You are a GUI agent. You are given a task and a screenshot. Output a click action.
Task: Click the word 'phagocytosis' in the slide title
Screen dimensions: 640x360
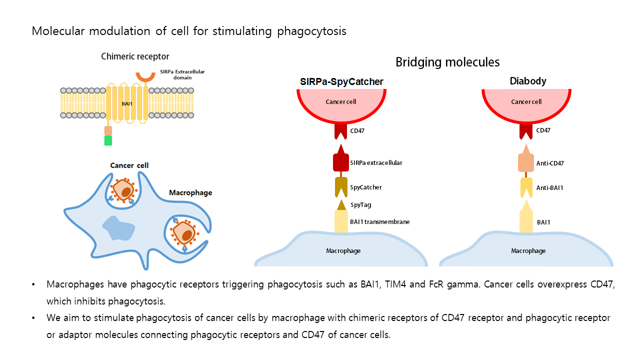point(311,31)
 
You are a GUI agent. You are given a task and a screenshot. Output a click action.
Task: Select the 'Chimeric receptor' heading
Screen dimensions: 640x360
point(135,56)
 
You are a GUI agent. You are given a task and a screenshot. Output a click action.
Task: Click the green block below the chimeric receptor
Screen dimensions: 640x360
point(108,140)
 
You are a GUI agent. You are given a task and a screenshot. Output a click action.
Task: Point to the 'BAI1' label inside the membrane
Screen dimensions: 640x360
point(127,103)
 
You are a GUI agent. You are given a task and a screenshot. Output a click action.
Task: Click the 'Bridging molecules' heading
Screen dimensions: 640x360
point(447,62)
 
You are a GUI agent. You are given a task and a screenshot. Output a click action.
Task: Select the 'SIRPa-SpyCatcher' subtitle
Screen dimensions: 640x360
point(341,81)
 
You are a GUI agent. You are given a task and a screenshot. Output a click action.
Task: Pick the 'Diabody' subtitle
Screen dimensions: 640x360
point(528,81)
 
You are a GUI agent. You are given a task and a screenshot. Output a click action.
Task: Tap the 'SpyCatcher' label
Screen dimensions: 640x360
point(365,187)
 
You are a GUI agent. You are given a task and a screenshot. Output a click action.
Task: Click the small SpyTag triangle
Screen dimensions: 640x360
point(341,205)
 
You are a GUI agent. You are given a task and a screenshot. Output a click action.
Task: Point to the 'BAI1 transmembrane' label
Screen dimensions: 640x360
point(379,221)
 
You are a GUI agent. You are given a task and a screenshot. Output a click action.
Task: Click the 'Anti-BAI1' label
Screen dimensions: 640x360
point(549,187)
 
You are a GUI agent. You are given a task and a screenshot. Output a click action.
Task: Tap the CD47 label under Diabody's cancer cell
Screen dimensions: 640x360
point(543,130)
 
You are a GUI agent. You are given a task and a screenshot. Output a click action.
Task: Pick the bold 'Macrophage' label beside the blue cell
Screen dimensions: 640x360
point(190,192)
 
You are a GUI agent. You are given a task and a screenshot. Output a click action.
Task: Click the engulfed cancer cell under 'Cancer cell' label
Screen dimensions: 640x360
point(123,189)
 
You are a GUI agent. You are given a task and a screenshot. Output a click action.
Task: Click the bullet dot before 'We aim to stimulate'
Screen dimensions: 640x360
point(33,318)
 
